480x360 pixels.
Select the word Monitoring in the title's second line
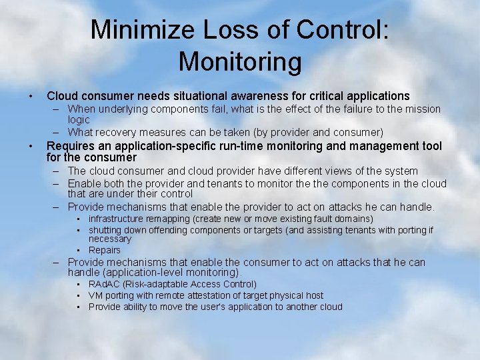point(240,62)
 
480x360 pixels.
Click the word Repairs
point(105,250)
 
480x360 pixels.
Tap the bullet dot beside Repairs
point(78,250)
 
